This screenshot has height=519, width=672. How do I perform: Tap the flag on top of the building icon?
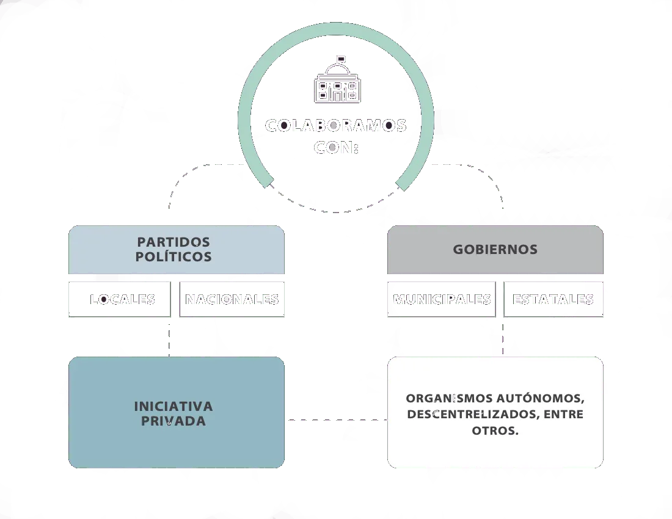pyautogui.click(x=341, y=59)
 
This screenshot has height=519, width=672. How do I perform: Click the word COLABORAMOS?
pyautogui.click(x=335, y=125)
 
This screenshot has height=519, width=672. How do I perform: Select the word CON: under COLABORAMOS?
pyautogui.click(x=337, y=148)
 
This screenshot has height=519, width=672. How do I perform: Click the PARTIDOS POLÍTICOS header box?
pyautogui.click(x=177, y=250)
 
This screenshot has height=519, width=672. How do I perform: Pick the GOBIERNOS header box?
pyautogui.click(x=495, y=250)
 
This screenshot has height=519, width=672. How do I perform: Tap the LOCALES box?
pyautogui.click(x=122, y=299)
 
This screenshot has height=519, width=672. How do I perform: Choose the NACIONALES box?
pyautogui.click(x=232, y=299)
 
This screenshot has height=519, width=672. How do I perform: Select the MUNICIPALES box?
pyautogui.click(x=441, y=299)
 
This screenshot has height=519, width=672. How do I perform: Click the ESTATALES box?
pyautogui.click(x=553, y=299)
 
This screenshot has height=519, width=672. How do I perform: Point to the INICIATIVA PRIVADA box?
pyautogui.click(x=177, y=413)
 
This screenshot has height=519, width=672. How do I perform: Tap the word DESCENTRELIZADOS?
pyautogui.click(x=466, y=415)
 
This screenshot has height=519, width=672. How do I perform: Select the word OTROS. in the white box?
pyautogui.click(x=495, y=430)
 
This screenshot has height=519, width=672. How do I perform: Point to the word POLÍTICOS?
pyautogui.click(x=173, y=257)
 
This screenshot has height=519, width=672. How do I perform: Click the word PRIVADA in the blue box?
pyautogui.click(x=173, y=421)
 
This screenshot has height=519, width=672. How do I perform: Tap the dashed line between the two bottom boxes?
pyautogui.click(x=335, y=421)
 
